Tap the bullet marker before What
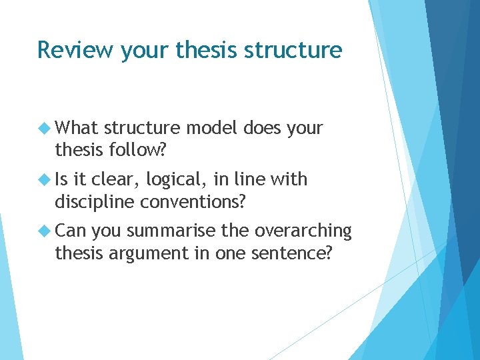[45, 128]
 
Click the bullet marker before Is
[45, 179]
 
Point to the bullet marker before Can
[45, 231]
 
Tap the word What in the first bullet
[77, 127]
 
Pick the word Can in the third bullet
[71, 231]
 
